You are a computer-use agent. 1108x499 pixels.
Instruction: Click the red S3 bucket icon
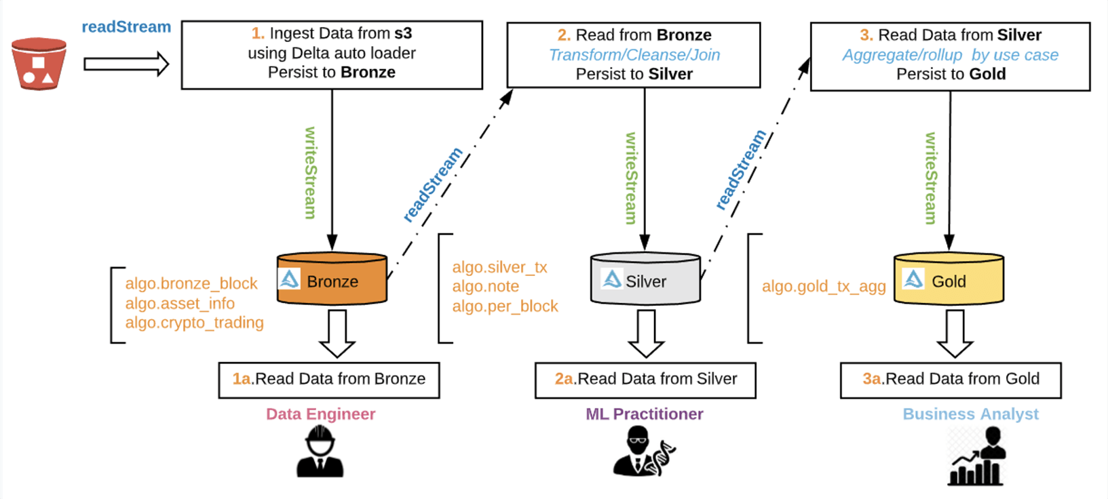click(39, 64)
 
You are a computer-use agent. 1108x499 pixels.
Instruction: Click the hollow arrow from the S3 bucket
click(126, 64)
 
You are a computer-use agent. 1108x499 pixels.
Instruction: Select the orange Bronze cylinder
click(332, 279)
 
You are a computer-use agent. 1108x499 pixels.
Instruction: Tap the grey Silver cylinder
click(645, 279)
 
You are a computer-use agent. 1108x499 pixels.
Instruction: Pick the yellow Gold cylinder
click(949, 279)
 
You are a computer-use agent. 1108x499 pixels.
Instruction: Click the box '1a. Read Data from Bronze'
click(329, 380)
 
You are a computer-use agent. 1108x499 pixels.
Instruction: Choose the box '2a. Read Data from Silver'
click(645, 380)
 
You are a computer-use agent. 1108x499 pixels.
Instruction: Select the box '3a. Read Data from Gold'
click(951, 380)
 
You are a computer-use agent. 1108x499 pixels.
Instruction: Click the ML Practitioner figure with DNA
click(643, 452)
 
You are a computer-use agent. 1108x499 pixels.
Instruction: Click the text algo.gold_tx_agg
click(824, 286)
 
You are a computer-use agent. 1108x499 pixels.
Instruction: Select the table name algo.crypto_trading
click(195, 323)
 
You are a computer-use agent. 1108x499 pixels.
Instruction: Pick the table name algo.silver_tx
click(500, 267)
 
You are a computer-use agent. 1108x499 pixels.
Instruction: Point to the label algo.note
click(486, 287)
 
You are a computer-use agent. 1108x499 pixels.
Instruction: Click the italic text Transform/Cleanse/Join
click(634, 55)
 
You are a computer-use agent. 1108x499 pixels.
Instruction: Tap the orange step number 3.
click(866, 35)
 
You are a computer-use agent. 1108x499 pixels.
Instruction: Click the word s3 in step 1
click(403, 33)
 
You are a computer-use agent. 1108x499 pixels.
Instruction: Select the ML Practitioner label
click(645, 414)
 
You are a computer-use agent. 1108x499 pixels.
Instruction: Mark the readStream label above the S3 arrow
click(126, 27)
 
